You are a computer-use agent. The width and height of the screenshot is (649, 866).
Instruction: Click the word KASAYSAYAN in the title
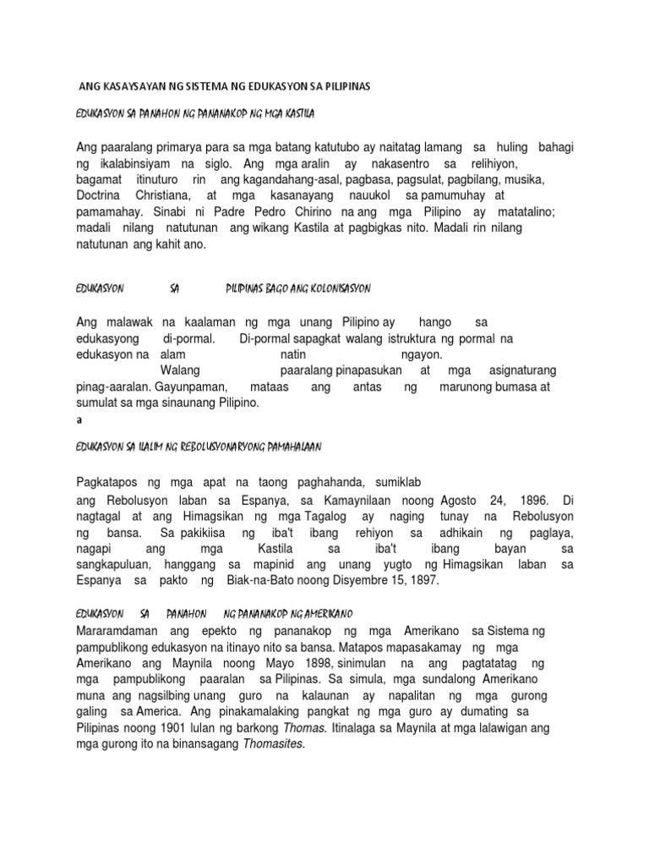point(136,87)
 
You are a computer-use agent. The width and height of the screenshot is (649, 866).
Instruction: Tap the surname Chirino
point(317,212)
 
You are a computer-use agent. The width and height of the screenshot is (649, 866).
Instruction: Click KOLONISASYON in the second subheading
point(331,288)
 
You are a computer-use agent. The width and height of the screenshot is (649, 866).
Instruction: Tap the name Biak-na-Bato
point(266,582)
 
